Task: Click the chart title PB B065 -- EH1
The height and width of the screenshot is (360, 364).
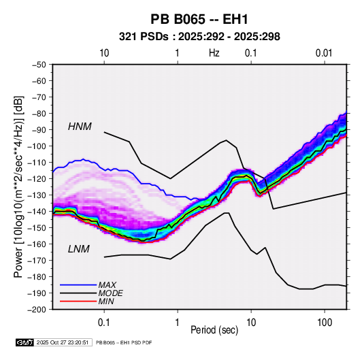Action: (199, 19)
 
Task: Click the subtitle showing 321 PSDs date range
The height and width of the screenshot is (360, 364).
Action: (199, 37)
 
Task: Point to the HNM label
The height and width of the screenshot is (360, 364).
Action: (80, 127)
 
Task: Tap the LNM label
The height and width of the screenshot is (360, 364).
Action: (79, 249)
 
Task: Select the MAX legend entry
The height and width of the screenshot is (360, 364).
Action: (107, 284)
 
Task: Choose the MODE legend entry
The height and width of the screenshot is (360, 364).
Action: (110, 293)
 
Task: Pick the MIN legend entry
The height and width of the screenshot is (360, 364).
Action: (106, 301)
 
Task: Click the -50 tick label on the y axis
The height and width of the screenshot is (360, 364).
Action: (39, 65)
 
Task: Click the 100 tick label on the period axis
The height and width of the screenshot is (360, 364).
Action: (325, 323)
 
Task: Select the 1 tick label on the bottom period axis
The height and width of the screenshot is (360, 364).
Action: (178, 323)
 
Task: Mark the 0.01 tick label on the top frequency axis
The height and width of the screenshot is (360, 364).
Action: (324, 53)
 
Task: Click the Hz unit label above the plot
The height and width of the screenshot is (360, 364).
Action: (214, 53)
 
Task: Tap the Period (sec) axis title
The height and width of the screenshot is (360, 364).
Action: (214, 330)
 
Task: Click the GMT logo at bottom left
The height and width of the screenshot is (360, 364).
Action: (25, 342)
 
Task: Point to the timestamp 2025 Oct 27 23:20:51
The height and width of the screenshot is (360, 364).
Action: (63, 342)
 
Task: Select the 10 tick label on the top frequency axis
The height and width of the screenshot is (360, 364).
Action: (104, 53)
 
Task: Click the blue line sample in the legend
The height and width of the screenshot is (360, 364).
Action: (78, 284)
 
